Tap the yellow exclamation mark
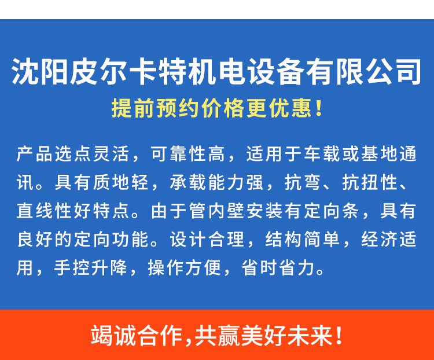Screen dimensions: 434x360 click(x=319, y=108)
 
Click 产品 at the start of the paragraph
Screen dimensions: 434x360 click(x=34, y=153)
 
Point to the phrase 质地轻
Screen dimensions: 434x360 click(x=121, y=182)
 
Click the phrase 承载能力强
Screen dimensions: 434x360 click(x=217, y=182)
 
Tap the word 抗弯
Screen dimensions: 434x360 click(x=303, y=182)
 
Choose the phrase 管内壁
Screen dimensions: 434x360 click(x=217, y=211)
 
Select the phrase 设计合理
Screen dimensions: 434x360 click(x=207, y=239)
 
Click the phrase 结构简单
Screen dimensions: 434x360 click(x=303, y=239)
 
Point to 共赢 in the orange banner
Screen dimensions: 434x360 click(x=217, y=336)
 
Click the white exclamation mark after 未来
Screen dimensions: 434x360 click(x=339, y=336)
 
